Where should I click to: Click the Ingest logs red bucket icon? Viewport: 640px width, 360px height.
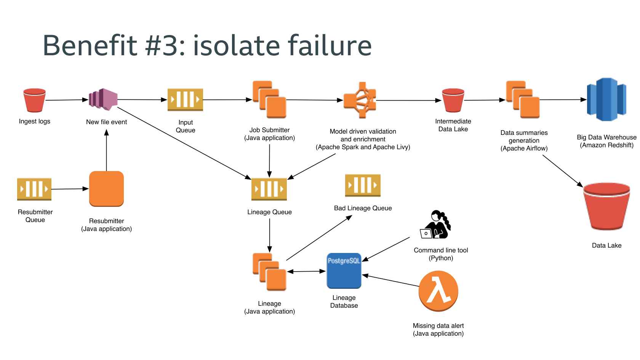(x=34, y=100)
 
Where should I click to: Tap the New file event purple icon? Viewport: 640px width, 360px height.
(x=103, y=100)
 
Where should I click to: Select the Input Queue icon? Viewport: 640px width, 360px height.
(x=185, y=100)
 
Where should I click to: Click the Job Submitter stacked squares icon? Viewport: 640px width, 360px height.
(x=269, y=100)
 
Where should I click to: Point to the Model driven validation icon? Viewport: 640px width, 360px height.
(x=360, y=100)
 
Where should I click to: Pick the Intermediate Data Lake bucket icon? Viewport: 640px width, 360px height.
(x=453, y=100)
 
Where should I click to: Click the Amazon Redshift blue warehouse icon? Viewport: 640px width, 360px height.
(x=606, y=99)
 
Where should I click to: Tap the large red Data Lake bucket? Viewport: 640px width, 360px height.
(x=606, y=206)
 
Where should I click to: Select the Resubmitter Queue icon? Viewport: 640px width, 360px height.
(x=34, y=189)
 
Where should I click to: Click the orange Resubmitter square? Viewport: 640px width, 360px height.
(x=106, y=189)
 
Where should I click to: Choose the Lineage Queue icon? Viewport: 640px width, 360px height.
(x=269, y=189)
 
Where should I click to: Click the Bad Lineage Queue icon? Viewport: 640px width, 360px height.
(x=363, y=185)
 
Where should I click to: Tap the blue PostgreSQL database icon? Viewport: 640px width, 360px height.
(x=344, y=271)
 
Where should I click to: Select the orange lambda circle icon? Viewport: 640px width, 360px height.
(x=438, y=291)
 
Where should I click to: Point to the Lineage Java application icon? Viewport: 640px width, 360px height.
(x=269, y=272)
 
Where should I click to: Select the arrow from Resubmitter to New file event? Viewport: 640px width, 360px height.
(x=106, y=150)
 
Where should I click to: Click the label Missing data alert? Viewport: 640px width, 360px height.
(x=438, y=326)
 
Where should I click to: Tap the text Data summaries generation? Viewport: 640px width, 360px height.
(x=524, y=136)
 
